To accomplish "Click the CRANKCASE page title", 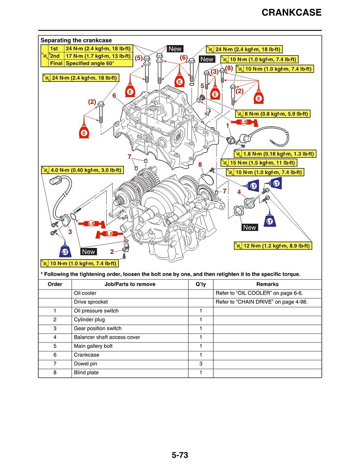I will (x=291, y=13).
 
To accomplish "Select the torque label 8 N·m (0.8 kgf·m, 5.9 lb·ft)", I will (x=276, y=114).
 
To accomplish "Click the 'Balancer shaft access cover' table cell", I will (x=107, y=337).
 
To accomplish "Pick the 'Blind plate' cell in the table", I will (x=86, y=372).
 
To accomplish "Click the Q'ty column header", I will (x=200, y=284).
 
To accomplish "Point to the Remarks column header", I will (x=267, y=284).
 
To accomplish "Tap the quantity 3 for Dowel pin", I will (x=200, y=364).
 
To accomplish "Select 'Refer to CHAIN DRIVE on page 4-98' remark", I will (x=262, y=302).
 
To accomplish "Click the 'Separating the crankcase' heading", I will (x=76, y=40).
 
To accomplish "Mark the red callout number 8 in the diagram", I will (x=200, y=165).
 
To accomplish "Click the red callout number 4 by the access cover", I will (x=239, y=193).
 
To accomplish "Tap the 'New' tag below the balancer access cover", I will (x=249, y=227).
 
